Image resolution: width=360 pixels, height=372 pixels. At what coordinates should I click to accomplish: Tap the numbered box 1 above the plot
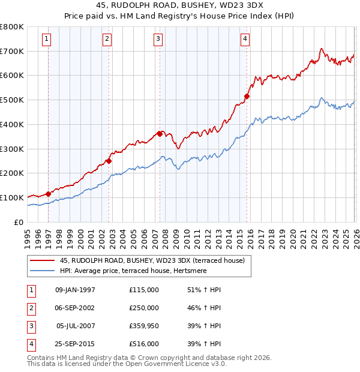tap(47, 40)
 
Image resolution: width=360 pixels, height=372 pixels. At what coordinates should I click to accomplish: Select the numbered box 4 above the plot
tap(245, 40)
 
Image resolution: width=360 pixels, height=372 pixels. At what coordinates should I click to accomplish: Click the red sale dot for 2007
tap(160, 134)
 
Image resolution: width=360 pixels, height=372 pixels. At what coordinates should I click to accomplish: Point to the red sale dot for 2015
tap(247, 96)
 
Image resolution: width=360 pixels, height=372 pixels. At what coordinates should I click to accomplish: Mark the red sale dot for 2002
tap(109, 161)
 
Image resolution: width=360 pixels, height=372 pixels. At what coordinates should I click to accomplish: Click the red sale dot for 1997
tap(48, 194)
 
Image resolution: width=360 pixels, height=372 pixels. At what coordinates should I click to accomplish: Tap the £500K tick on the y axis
tap(12, 100)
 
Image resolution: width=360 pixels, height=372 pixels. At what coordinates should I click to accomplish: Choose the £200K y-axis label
tap(12, 173)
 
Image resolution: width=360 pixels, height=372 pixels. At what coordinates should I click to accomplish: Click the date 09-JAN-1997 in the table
tap(75, 290)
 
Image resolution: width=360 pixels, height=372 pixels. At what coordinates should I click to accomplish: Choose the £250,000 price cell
tap(143, 308)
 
